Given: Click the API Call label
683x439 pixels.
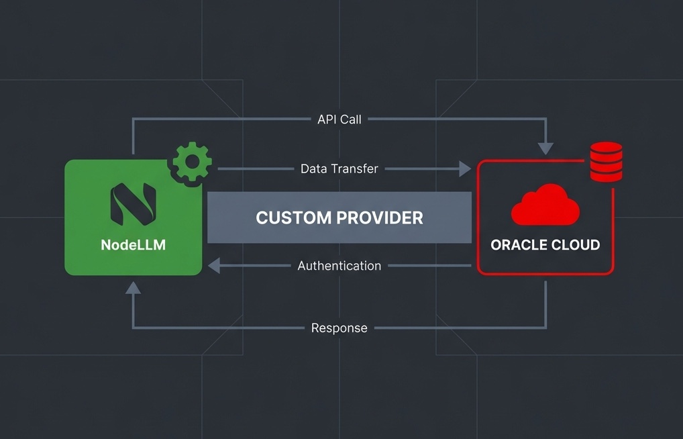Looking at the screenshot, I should click(x=339, y=119).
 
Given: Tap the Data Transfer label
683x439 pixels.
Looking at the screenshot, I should click(x=339, y=168).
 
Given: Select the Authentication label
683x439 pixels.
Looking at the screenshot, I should click(x=339, y=266).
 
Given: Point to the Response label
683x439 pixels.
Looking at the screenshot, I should click(x=339, y=328).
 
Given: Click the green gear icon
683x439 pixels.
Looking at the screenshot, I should click(x=192, y=161).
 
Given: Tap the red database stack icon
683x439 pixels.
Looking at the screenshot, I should click(x=606, y=162).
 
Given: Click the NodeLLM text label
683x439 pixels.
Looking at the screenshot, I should click(x=133, y=245).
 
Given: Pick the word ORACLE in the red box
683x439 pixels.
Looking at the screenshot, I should click(x=518, y=245).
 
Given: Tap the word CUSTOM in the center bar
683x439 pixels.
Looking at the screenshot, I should click(x=293, y=217).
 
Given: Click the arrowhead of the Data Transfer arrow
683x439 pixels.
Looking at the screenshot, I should click(x=465, y=168).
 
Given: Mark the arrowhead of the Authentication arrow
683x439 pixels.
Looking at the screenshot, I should click(x=213, y=266).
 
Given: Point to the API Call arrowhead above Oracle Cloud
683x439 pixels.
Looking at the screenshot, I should click(x=545, y=148).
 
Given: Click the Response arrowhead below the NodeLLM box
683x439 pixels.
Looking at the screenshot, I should click(x=133, y=287).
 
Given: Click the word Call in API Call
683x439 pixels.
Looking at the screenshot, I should click(x=350, y=119).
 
